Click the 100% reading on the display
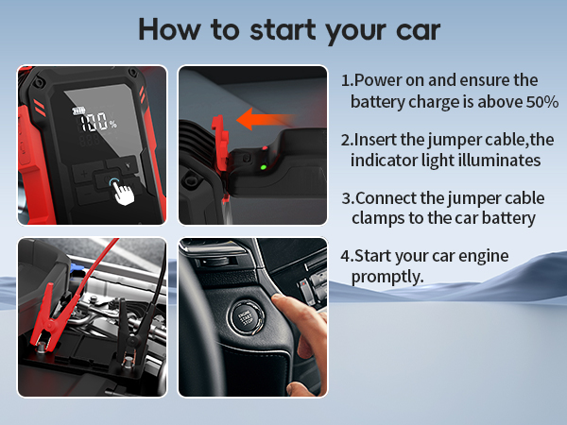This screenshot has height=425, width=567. [x=97, y=122]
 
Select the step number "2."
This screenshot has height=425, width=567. [x=347, y=140]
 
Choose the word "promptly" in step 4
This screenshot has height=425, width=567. [x=384, y=278]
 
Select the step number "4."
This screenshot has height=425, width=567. [x=347, y=257]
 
